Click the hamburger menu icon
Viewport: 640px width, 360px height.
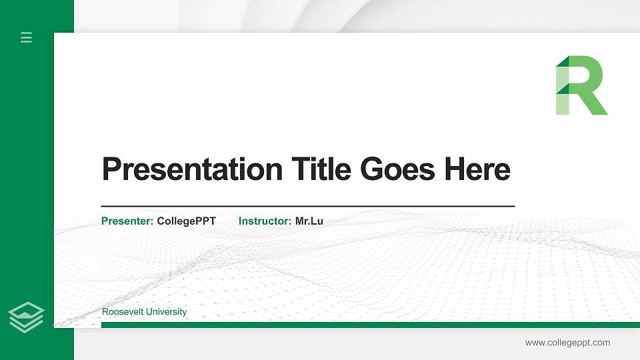[27, 37]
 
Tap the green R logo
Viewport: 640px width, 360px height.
[581, 85]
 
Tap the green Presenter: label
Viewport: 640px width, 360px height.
[127, 221]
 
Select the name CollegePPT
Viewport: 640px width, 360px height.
[187, 221]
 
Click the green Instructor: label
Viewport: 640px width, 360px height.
[265, 221]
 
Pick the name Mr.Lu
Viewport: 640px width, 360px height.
[309, 221]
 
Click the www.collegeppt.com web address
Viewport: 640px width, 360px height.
[567, 343]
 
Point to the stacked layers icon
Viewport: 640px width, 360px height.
[27, 317]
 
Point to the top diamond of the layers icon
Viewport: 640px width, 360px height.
[27, 309]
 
